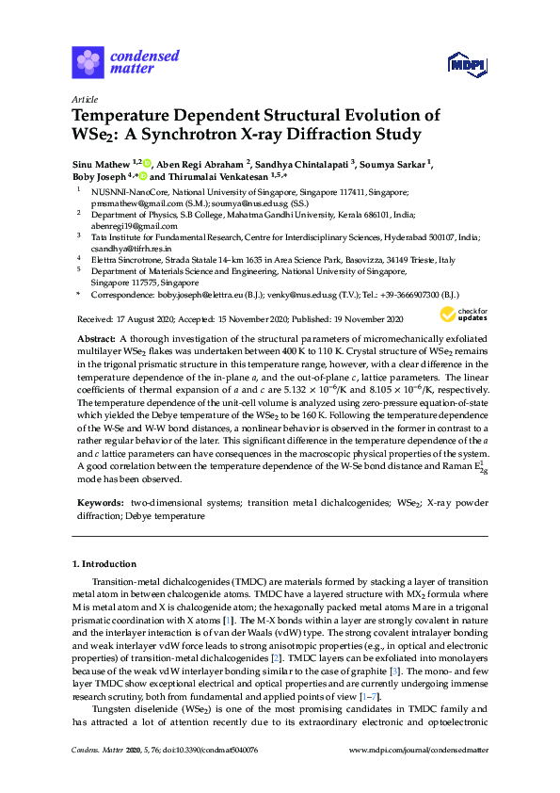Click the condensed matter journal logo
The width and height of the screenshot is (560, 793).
coord(125,62)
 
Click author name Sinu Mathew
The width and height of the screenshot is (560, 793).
coord(101,163)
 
